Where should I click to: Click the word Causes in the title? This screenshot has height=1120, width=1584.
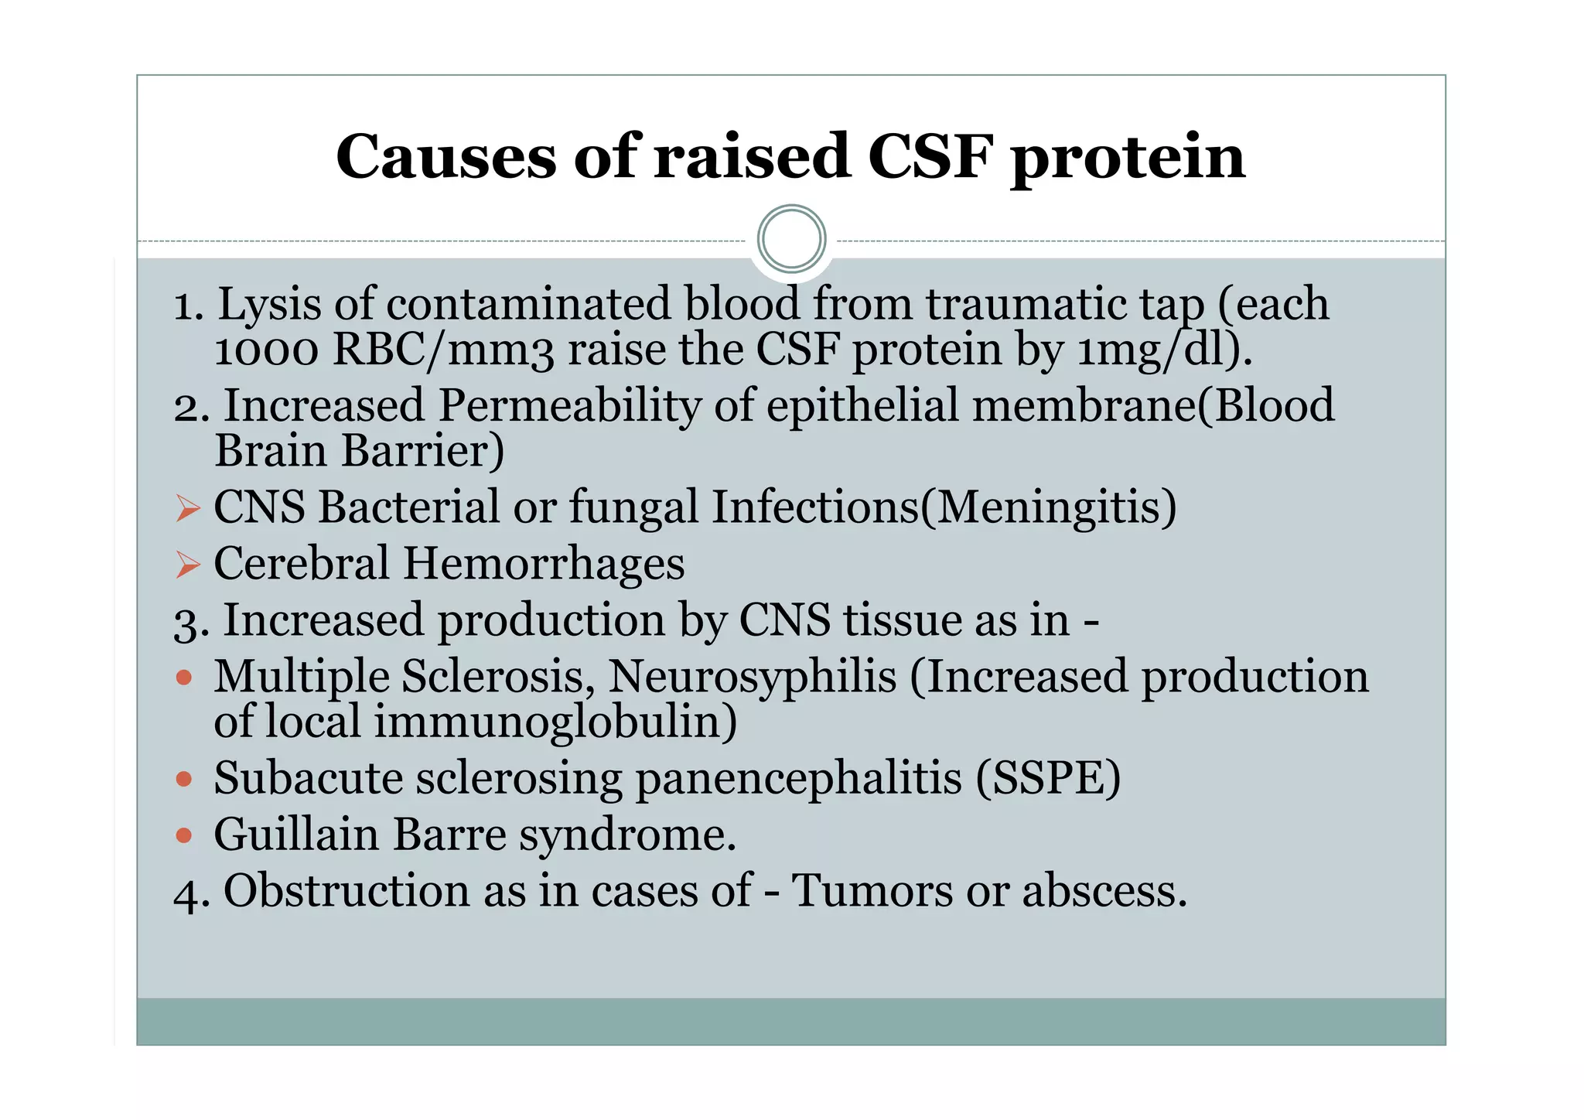click(445, 157)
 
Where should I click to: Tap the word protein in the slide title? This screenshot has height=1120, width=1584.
click(1128, 157)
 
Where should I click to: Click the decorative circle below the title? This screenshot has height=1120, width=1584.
click(791, 239)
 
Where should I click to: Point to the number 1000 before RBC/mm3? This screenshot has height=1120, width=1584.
click(266, 350)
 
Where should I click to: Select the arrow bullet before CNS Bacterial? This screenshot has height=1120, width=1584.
click(188, 508)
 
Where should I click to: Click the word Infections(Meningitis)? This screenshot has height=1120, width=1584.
click(944, 508)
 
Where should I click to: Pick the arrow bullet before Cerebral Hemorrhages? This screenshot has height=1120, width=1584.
click(188, 565)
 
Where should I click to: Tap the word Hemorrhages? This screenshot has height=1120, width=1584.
click(544, 564)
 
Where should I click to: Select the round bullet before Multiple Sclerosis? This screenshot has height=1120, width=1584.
click(184, 678)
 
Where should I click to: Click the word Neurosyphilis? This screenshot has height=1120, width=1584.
click(752, 677)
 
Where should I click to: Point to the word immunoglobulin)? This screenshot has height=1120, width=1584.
click(555, 722)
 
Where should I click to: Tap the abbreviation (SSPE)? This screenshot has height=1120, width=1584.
click(1047, 778)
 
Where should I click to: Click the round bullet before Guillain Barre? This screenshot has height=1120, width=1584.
click(184, 835)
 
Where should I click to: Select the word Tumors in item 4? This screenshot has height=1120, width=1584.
click(872, 891)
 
